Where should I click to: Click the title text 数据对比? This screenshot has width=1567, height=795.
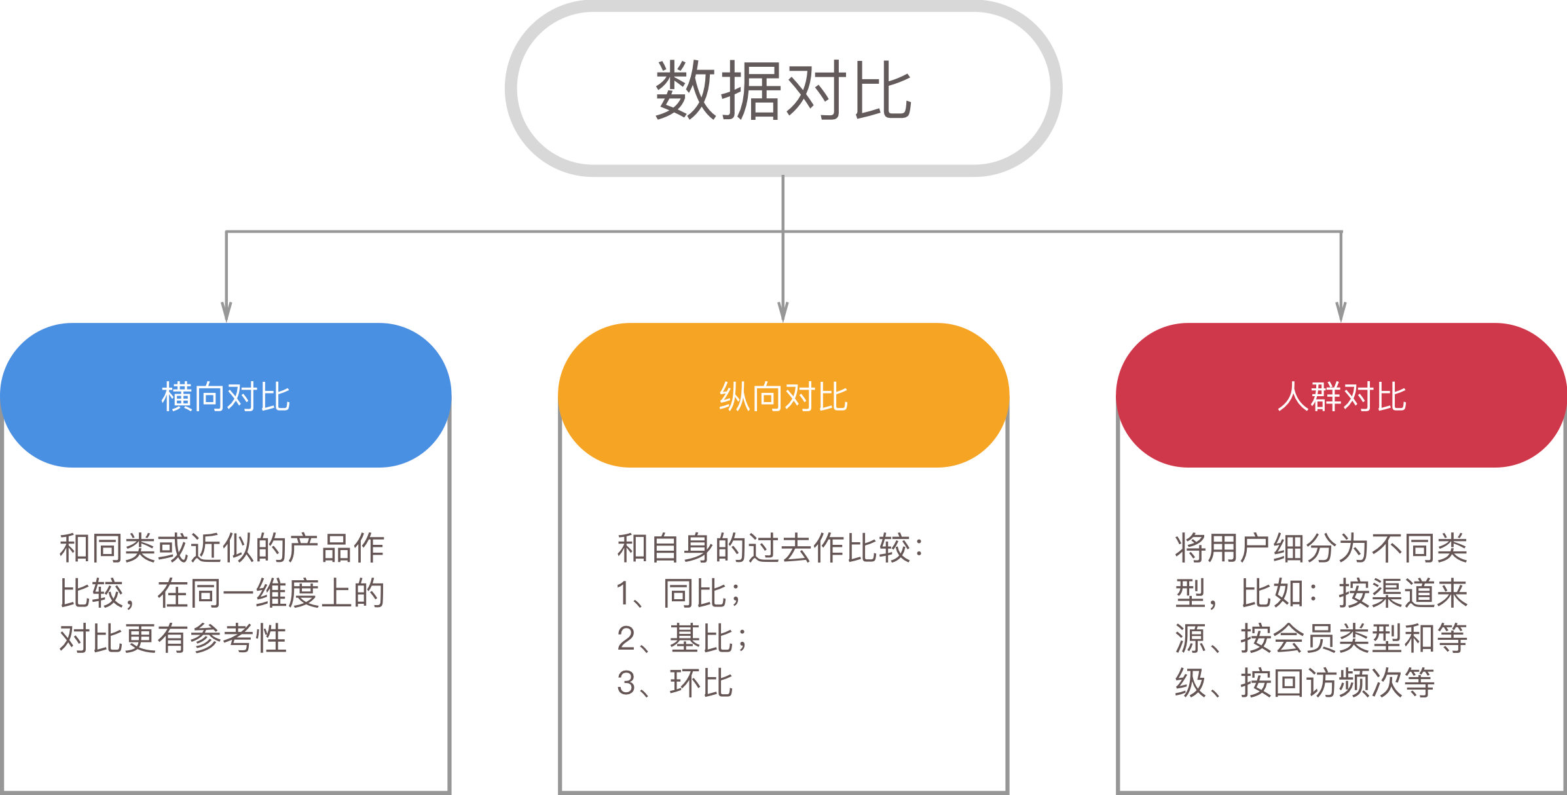click(x=783, y=90)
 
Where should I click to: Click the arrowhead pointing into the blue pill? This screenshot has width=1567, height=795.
click(x=227, y=312)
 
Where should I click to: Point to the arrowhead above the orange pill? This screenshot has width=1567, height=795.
click(x=783, y=312)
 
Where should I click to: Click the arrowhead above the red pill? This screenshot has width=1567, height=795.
click(x=1341, y=312)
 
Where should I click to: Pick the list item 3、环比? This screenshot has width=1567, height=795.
click(x=674, y=683)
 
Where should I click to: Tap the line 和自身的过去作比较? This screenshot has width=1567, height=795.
click(x=770, y=548)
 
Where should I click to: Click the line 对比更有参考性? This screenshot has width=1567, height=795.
click(x=173, y=638)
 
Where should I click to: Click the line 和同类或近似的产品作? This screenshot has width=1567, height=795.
click(x=221, y=548)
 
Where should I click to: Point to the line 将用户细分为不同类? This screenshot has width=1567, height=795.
click(x=1321, y=548)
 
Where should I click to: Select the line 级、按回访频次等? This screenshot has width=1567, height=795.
click(x=1304, y=683)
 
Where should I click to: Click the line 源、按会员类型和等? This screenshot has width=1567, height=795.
click(x=1321, y=638)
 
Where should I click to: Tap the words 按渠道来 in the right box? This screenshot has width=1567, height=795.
click(x=1403, y=593)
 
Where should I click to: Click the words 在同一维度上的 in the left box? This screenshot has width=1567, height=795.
click(x=271, y=593)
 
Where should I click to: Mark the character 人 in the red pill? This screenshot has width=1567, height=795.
click(x=1293, y=396)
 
